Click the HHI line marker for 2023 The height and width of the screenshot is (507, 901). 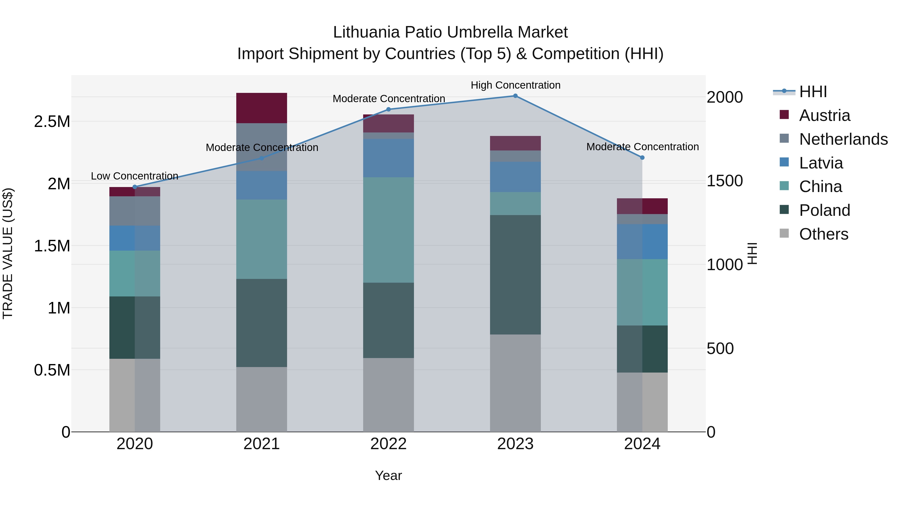point(515,96)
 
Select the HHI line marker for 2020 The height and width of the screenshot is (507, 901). point(135,187)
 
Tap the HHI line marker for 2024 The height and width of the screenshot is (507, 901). point(642,158)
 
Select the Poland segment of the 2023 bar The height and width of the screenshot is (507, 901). point(515,275)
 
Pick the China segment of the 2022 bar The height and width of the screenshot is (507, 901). point(388,230)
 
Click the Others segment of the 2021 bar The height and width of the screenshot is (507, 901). point(262,399)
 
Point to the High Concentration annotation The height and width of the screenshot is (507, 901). point(515,85)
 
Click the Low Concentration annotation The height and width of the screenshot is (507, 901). point(135,176)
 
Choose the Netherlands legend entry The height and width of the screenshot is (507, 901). point(843,139)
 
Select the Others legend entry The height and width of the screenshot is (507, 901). point(824,234)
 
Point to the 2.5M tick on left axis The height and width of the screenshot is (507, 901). point(52,122)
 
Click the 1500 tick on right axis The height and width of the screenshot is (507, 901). point(724,181)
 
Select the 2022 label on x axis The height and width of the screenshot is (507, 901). point(388,444)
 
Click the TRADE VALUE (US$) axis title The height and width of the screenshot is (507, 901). point(8,253)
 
